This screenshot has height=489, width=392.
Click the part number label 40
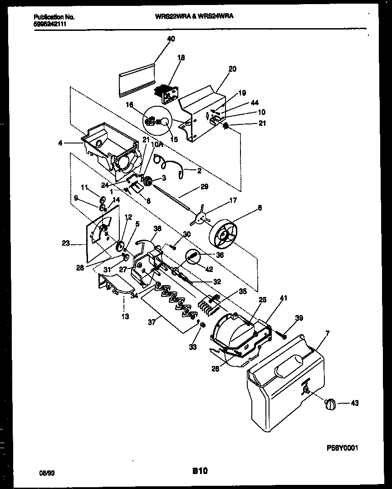tap(171, 39)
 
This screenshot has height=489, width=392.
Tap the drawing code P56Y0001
tap(343, 448)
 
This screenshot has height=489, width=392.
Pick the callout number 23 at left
tap(65, 243)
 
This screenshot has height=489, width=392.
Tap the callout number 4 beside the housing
tap(60, 143)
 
